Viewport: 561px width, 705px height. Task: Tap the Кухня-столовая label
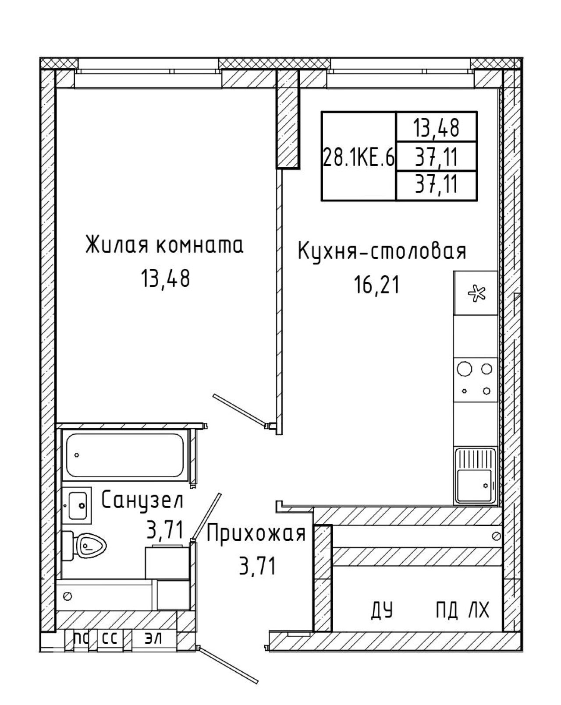(x=382, y=251)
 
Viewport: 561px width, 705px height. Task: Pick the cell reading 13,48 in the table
(x=436, y=127)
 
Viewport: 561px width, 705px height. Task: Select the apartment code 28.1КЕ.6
(x=359, y=157)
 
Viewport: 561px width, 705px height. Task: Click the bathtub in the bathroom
(x=125, y=455)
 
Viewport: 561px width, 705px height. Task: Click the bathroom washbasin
(x=77, y=506)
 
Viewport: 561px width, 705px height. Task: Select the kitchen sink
(x=476, y=476)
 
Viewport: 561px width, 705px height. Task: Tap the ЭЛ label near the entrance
(x=153, y=638)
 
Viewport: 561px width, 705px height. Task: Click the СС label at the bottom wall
(x=110, y=638)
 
